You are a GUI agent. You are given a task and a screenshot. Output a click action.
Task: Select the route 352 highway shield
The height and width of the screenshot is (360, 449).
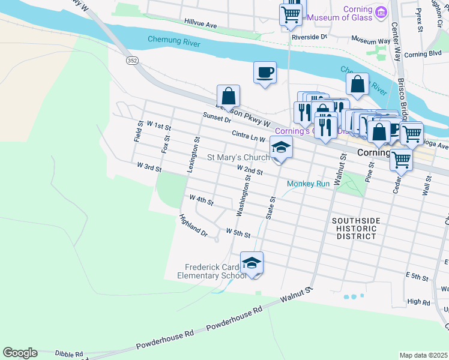132,61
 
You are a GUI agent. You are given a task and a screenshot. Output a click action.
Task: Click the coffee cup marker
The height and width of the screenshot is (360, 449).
265,73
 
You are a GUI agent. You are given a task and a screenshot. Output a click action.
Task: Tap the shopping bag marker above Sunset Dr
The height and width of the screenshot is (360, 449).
228,96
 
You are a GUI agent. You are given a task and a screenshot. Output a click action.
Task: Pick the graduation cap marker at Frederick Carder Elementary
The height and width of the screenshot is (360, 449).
252,263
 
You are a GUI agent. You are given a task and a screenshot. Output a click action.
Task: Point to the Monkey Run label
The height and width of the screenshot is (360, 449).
308,184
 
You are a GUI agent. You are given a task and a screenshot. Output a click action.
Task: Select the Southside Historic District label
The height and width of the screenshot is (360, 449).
356,229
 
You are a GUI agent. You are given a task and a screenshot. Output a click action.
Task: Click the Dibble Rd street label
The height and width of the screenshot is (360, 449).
69,355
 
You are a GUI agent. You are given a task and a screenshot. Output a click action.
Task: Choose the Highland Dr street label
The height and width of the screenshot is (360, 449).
193,226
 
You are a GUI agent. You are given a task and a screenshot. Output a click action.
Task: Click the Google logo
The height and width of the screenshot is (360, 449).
20,353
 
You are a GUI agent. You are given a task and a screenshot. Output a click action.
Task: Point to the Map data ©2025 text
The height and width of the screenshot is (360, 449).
424,355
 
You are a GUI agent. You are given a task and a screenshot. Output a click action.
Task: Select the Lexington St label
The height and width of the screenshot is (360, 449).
193,155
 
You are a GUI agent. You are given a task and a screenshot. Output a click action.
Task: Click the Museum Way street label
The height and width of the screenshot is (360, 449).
371,41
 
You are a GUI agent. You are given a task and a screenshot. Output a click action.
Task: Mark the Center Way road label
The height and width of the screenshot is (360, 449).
395,42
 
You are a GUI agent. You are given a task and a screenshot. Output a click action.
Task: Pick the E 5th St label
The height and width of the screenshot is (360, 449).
416,276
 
